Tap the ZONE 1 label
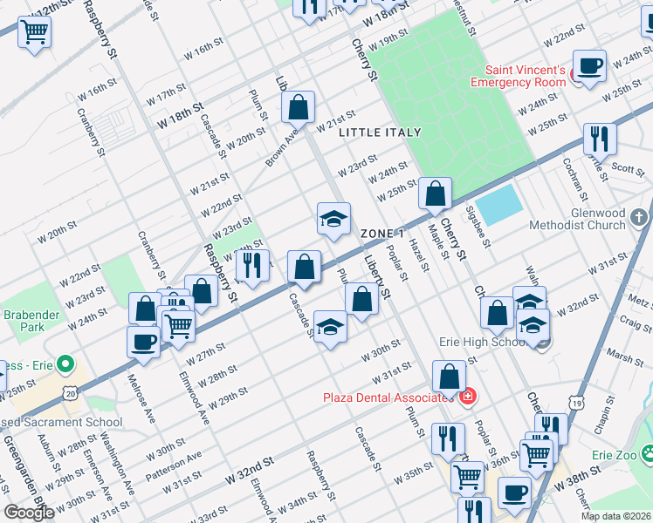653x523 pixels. point(382,234)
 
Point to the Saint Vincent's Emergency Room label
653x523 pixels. point(518,76)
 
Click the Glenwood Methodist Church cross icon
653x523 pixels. point(639,215)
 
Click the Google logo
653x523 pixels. point(29,513)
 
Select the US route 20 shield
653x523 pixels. point(70,393)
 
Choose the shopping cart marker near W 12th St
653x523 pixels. point(35,33)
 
